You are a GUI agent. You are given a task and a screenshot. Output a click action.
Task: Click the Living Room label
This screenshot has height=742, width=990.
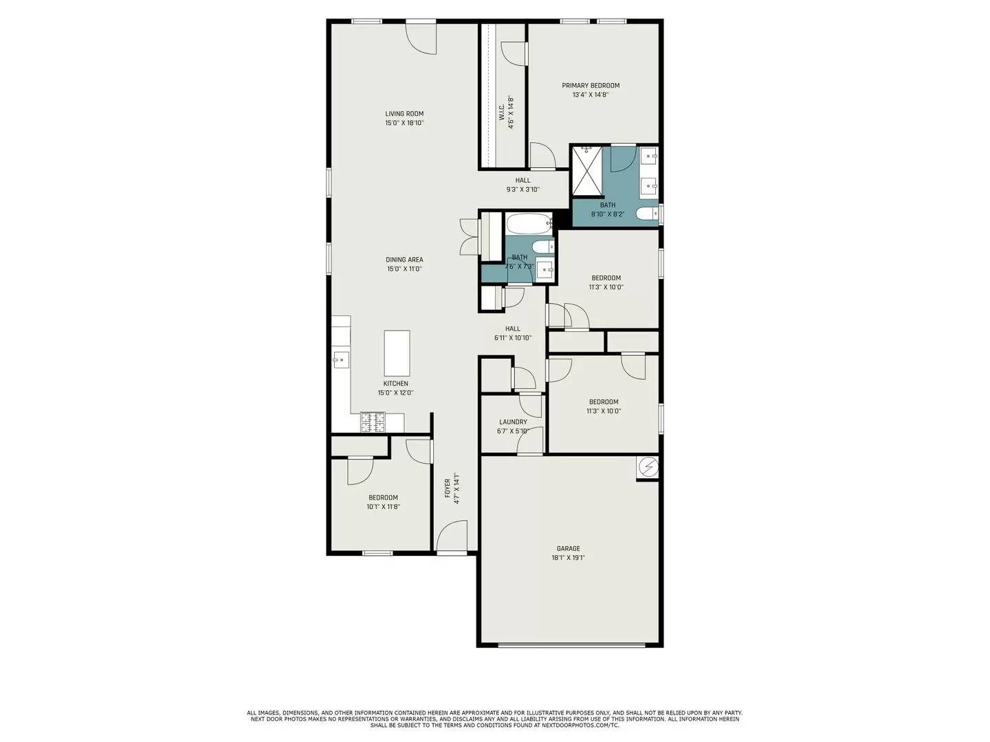pos(404,114)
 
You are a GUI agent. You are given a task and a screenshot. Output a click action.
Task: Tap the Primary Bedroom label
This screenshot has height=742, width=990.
pos(591,86)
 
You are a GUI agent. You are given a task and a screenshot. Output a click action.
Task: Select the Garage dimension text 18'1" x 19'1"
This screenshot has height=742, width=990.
pos(568,558)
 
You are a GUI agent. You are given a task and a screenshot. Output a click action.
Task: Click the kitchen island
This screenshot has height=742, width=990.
pos(397,353)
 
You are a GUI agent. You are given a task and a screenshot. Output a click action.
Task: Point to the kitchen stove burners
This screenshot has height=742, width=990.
pos(373,422)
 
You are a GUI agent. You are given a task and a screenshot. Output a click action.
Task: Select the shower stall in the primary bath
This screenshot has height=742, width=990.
pos(586,170)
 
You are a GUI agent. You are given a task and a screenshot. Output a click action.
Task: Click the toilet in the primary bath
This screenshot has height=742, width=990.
pos(647,214)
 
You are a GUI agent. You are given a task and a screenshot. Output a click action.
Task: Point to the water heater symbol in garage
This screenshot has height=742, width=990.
pos(648,467)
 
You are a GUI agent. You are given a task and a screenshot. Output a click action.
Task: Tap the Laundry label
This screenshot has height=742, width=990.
pos(513,422)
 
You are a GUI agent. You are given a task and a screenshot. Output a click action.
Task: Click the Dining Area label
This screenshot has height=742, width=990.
pos(404,260)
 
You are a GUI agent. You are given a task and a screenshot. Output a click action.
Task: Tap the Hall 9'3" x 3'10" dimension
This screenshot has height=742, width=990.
pos(523,190)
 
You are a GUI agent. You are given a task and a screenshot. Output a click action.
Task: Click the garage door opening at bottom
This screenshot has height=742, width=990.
pos(571,644)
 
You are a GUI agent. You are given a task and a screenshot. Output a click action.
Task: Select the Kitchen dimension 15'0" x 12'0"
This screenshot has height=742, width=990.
pos(395,393)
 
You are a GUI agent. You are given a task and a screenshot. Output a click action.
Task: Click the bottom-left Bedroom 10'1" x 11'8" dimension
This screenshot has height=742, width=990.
pos(383,507)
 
